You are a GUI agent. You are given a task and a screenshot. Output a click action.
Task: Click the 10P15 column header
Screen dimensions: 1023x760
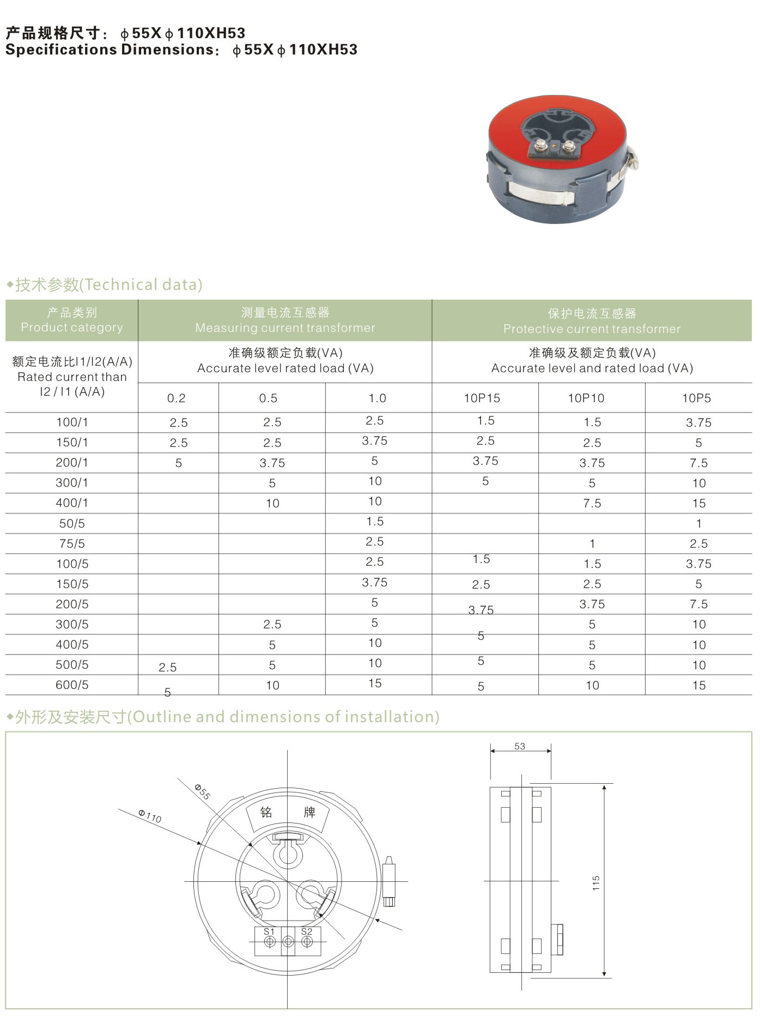click(482, 398)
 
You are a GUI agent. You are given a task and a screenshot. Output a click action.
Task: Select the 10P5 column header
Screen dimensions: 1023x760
click(696, 398)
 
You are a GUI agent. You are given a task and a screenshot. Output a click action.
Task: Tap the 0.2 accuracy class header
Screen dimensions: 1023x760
click(176, 398)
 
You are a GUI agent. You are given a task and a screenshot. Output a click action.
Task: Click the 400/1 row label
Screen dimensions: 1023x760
click(72, 503)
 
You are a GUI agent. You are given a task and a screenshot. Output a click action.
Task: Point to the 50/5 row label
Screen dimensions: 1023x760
click(72, 524)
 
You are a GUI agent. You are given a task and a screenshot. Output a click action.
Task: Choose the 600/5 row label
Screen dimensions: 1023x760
click(72, 685)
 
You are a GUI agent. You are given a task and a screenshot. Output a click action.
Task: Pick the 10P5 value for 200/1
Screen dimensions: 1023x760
click(698, 463)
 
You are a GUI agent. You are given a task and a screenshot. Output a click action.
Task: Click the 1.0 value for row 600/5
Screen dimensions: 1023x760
click(375, 683)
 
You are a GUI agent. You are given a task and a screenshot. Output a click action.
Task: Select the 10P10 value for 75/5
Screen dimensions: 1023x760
click(592, 544)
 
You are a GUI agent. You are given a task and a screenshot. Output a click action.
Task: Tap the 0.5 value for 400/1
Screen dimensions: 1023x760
click(272, 504)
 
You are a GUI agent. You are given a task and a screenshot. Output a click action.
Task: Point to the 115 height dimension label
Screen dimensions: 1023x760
click(596, 883)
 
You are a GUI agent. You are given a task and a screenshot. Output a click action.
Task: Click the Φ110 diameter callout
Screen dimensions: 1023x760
click(150, 816)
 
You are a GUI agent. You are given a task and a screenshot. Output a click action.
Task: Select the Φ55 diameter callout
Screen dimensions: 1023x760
click(202, 791)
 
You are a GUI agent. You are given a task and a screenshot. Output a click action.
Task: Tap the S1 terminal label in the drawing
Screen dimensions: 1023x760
click(269, 931)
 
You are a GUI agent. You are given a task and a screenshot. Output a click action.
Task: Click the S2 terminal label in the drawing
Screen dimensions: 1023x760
click(307, 931)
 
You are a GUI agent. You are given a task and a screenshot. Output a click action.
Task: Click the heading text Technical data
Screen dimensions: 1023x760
click(143, 284)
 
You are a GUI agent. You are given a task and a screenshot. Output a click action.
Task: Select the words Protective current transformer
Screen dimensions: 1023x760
click(592, 329)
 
